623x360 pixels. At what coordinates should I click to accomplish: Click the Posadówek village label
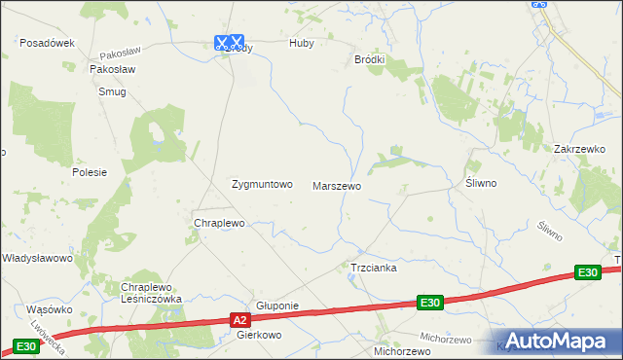[48, 43]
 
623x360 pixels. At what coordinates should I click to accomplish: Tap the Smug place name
[112, 91]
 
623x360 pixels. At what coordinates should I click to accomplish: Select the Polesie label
[90, 171]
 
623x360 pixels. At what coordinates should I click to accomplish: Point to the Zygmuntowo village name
[261, 184]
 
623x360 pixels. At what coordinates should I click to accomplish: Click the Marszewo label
[337, 185]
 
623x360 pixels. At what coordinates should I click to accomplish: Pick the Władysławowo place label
[37, 258]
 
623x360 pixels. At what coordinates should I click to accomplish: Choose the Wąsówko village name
[51, 308]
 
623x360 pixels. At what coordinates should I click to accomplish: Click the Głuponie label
[276, 305]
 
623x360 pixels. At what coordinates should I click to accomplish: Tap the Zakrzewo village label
[580, 149]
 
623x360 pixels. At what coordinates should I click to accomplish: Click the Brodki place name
[369, 59]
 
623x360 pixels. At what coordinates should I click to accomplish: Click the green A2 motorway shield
[240, 318]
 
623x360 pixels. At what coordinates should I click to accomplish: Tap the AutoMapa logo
[555, 341]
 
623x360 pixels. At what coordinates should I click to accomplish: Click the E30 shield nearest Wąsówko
[26, 346]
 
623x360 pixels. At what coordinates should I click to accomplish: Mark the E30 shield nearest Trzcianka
[431, 304]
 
